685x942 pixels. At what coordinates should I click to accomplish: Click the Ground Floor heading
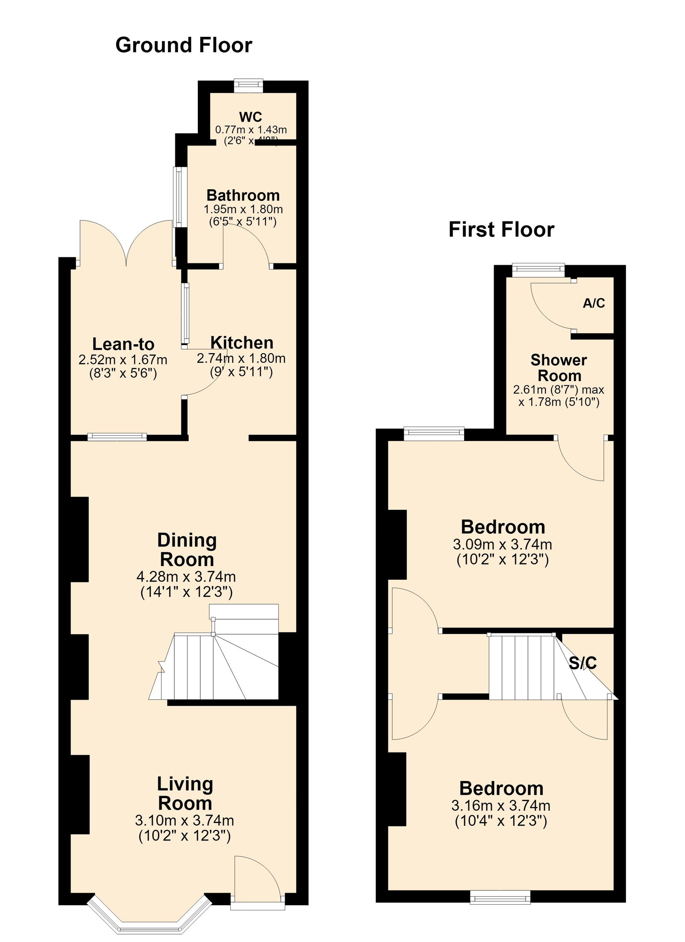(184, 45)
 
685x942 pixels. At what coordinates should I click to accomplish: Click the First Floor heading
(501, 230)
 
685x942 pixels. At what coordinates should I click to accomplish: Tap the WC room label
(250, 116)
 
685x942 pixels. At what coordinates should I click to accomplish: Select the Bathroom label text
(243, 195)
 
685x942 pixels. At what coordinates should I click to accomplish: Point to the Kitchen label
(242, 343)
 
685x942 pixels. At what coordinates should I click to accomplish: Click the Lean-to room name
(123, 344)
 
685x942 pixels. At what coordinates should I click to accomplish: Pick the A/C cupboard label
(594, 303)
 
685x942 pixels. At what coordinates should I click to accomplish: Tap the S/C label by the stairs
(583, 663)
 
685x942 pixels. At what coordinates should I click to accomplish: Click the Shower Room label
(559, 368)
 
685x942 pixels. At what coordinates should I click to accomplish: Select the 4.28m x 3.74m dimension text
(186, 577)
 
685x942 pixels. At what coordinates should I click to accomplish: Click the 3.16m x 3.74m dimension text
(501, 806)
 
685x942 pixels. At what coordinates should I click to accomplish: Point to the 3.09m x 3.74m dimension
(502, 545)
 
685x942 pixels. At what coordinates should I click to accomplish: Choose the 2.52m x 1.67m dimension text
(123, 360)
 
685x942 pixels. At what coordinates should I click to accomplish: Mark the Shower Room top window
(539, 270)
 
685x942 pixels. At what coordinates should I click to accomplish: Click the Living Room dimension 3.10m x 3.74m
(185, 821)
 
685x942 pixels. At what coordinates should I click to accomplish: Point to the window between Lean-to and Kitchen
(185, 313)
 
